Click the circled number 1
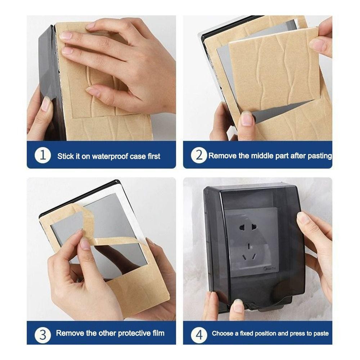click(43, 156)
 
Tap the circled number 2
click(199, 156)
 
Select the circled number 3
click(43, 335)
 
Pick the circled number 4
click(199, 335)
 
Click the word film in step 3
click(159, 333)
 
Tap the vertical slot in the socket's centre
click(249, 246)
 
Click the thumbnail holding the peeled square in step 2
click(247, 118)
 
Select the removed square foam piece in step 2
click(275, 69)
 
